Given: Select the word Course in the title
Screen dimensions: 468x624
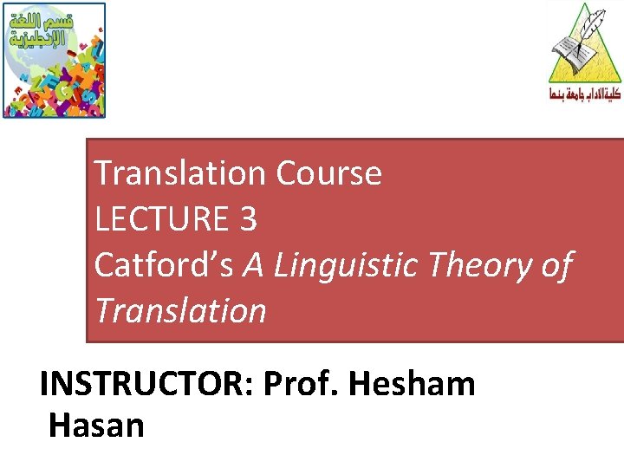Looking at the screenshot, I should pyautogui.click(x=328, y=173).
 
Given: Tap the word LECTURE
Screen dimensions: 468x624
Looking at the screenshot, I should pyautogui.click(x=160, y=219).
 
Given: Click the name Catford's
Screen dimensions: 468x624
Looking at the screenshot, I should pyautogui.click(x=163, y=265).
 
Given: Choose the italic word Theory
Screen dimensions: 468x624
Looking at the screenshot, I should pyautogui.click(x=482, y=265).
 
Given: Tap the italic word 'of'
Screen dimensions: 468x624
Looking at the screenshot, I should pyautogui.click(x=556, y=265).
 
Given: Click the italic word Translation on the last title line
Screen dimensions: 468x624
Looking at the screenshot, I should pyautogui.click(x=180, y=310).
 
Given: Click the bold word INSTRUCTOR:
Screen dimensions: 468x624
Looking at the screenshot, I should pyautogui.click(x=146, y=382).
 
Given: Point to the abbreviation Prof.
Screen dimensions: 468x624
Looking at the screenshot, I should pyautogui.click(x=302, y=382).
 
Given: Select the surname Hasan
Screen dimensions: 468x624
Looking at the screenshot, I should pyautogui.click(x=96, y=426).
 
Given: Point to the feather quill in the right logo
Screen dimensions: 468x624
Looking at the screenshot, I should pyautogui.click(x=595, y=26).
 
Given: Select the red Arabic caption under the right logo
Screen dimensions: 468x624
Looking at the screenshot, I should pyautogui.click(x=585, y=94).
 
